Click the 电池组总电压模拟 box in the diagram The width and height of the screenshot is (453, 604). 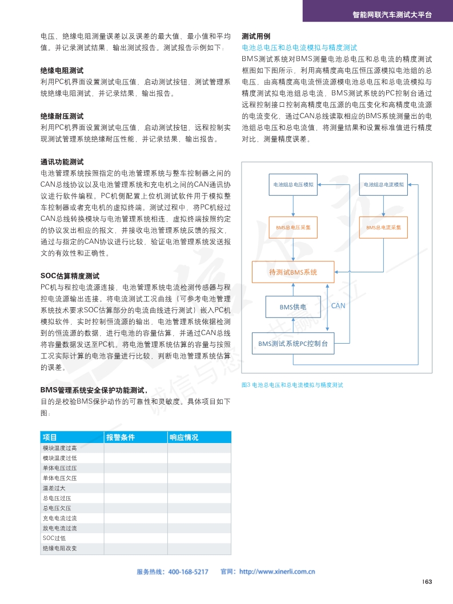pos(294,184)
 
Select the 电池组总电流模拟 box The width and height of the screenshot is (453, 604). pos(384,184)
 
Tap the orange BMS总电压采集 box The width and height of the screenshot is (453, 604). pos(294,227)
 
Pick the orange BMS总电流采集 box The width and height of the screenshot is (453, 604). pos(384,227)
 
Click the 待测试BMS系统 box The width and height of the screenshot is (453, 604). pos(293,272)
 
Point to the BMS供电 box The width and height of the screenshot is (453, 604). pos(293,307)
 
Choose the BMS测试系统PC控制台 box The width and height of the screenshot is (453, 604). pos(293,344)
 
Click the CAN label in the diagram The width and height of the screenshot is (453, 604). pos(338,306)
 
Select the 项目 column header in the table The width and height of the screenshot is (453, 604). pos(50,437)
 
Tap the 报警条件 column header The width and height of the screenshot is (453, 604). pos(120,437)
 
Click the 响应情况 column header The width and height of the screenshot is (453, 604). pos(183,437)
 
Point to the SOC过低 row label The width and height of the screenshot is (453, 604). pos(54,538)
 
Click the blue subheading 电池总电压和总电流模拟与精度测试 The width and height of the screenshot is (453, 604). pos(300,47)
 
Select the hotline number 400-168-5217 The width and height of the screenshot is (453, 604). pos(189,571)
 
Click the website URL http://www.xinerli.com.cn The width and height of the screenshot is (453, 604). pos(277,571)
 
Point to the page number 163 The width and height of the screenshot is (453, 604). pos(427,582)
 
